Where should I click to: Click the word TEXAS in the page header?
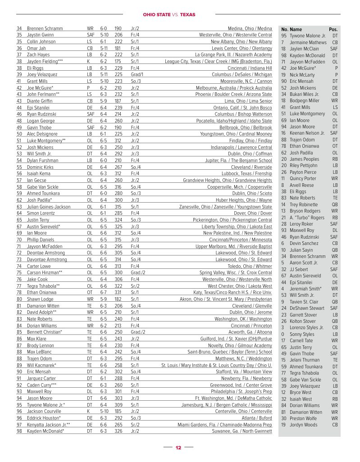188,15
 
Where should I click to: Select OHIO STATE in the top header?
156,15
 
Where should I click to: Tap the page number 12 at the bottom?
178,448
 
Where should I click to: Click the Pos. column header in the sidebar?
333,29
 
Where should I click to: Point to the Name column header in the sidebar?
296,29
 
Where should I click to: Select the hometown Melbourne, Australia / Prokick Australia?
234,88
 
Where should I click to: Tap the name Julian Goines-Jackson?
49,207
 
